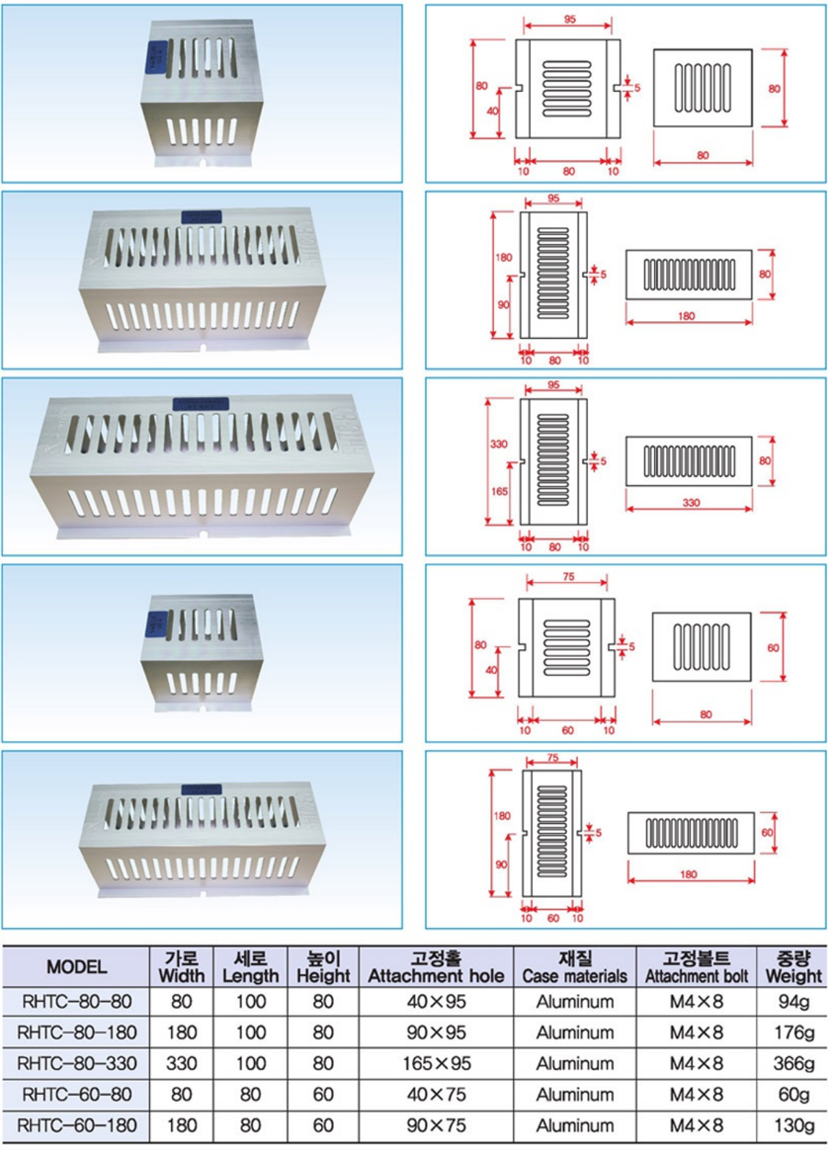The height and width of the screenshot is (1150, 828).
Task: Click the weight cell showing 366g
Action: point(792,1063)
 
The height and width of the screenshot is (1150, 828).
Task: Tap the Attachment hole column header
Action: point(436,967)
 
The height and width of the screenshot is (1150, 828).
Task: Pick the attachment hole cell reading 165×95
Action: point(436,1063)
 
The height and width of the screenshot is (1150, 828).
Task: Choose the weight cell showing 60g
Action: point(792,1095)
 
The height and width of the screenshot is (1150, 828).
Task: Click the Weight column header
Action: point(792,967)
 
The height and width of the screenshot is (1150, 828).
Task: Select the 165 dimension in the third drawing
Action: point(500,491)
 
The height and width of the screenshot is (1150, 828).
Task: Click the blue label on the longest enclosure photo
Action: point(201,403)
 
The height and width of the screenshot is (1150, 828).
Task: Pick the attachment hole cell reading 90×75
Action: point(436,1125)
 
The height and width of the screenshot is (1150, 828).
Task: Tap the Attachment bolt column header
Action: point(696,967)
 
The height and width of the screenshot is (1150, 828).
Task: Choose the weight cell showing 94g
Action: point(792,1001)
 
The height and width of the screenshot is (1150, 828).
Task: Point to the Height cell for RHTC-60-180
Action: point(323,1125)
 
